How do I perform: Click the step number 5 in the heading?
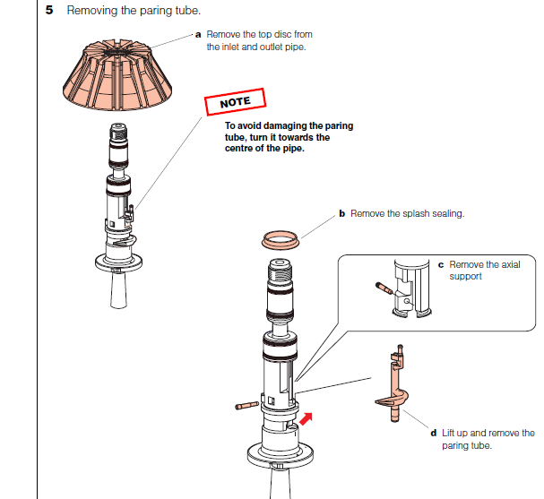click(49, 10)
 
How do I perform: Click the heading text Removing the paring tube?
click(139, 10)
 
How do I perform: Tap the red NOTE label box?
click(235, 103)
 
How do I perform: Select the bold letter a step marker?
click(198, 34)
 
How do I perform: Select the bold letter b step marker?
click(341, 214)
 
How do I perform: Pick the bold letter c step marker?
click(441, 265)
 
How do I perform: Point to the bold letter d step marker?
click(434, 433)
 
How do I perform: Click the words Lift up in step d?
click(457, 433)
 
